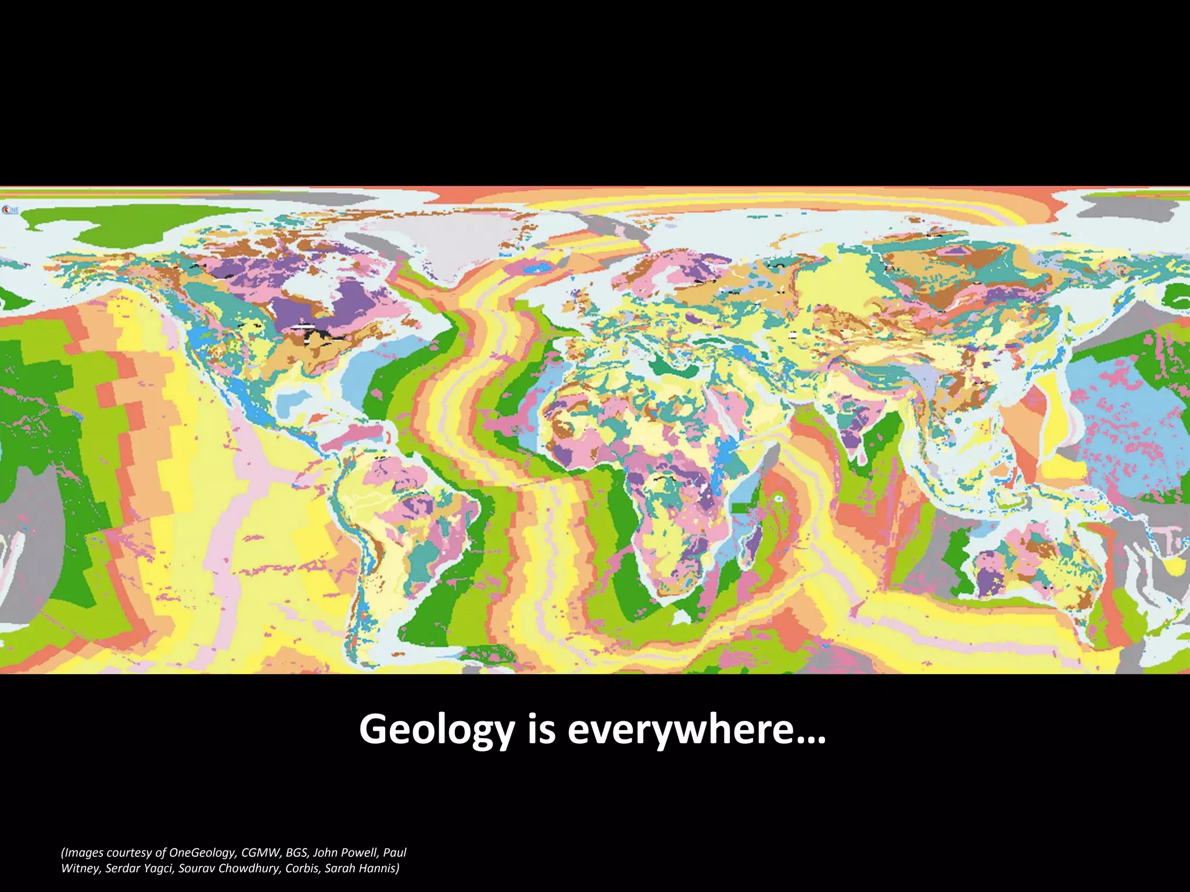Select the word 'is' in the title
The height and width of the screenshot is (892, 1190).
(541, 729)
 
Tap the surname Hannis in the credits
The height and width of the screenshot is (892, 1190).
(379, 869)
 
